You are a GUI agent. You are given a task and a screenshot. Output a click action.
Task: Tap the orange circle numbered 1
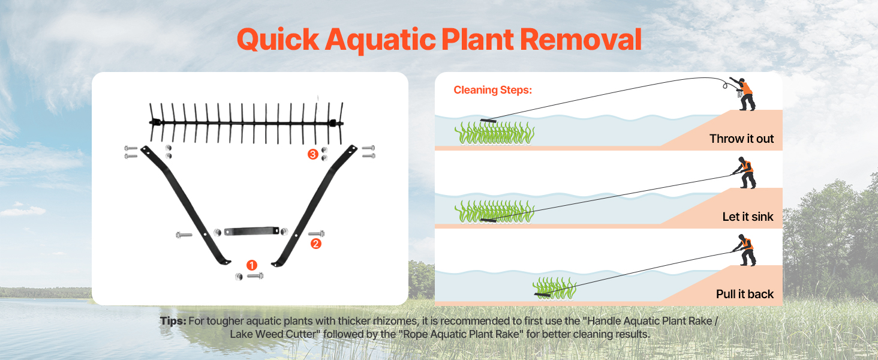pos(252,265)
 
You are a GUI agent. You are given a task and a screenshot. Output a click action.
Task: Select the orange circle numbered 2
pos(315,244)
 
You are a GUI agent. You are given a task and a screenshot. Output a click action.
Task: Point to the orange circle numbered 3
pos(312,154)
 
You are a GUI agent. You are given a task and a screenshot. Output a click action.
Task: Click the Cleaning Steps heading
pos(492,90)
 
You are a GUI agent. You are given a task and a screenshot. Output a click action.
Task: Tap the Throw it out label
pos(741,139)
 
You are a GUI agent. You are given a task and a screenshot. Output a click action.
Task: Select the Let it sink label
pos(748,217)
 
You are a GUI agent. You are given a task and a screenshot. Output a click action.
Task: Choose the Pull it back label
pos(745,294)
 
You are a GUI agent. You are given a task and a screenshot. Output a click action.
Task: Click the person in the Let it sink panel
pos(745,173)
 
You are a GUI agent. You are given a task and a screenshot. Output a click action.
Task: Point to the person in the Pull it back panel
pos(745,250)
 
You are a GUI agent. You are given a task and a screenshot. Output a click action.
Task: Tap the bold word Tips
pos(173,321)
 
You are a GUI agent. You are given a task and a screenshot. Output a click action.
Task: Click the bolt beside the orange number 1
pos(255,276)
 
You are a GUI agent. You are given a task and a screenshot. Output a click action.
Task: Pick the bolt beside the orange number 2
pos(316,233)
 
